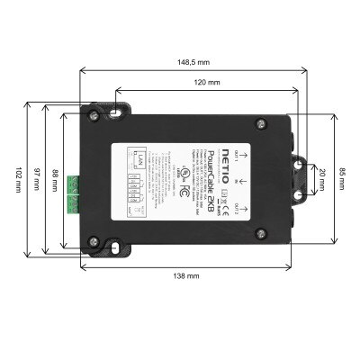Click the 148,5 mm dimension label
pos(193,63)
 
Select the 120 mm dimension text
pos(207,82)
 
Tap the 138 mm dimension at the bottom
pos(186,275)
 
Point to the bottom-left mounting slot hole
pos(114,246)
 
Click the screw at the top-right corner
pos(260,122)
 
